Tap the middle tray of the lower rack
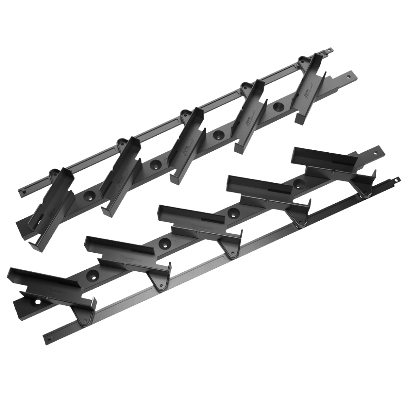click(194, 221)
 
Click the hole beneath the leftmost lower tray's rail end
click(37, 302)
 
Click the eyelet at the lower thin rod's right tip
click(396, 179)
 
